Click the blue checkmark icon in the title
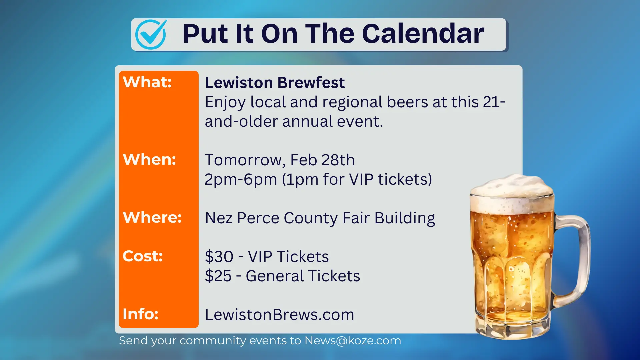pos(151,34)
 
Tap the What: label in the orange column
pos(147,82)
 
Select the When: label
pos(149,159)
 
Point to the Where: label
pos(152,217)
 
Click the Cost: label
pos(143,256)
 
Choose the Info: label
pos(140,314)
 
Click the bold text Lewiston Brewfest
pos(275,83)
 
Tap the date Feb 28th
pos(322,160)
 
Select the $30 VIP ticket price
pos(219,257)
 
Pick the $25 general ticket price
pos(218,276)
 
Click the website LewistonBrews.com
pos(279,315)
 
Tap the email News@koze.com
pos(353,341)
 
